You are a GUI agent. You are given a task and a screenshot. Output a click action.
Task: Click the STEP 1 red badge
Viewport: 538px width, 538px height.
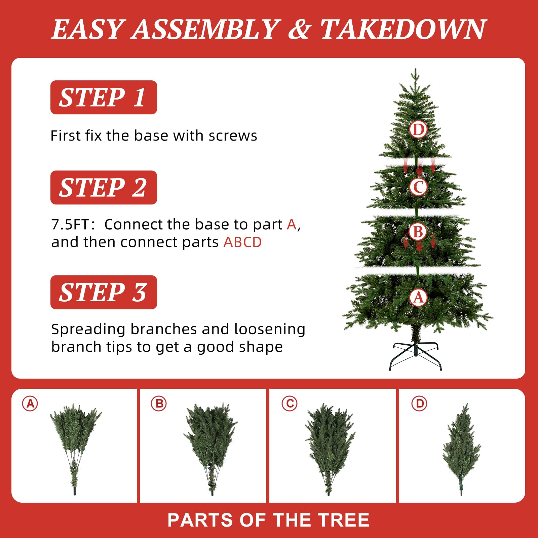pyautogui.click(x=104, y=97)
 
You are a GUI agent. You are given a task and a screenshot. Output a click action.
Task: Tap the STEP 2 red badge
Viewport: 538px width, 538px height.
pyautogui.click(x=104, y=187)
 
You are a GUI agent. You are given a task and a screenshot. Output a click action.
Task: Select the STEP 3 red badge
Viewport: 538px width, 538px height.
pyautogui.click(x=104, y=292)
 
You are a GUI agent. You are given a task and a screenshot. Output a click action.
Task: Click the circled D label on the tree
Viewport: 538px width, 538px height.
pyautogui.click(x=418, y=129)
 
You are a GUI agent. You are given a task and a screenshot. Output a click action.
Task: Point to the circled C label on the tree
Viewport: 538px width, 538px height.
pyautogui.click(x=418, y=187)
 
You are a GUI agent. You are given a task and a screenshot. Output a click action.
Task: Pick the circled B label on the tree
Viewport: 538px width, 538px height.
pyautogui.click(x=418, y=231)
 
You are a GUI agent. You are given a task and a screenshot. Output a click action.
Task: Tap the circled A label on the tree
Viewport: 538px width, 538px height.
pyautogui.click(x=418, y=298)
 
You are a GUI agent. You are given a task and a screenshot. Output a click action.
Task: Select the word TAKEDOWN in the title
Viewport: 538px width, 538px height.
pyautogui.click(x=403, y=29)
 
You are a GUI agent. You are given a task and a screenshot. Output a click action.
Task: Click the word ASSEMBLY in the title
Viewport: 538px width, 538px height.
pyautogui.click(x=205, y=29)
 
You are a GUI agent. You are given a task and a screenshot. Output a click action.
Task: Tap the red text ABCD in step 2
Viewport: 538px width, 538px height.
pyautogui.click(x=242, y=242)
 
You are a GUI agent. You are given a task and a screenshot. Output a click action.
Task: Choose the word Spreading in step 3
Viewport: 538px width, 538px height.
pyautogui.click(x=88, y=330)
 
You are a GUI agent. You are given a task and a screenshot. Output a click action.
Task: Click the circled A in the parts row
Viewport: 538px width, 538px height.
pyautogui.click(x=30, y=403)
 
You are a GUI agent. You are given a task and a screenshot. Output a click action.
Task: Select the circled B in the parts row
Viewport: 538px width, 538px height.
pyautogui.click(x=159, y=403)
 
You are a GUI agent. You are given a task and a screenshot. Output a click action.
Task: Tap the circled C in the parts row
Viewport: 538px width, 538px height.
pyautogui.click(x=290, y=403)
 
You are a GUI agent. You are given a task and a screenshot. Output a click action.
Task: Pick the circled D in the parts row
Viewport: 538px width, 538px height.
pyautogui.click(x=419, y=403)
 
